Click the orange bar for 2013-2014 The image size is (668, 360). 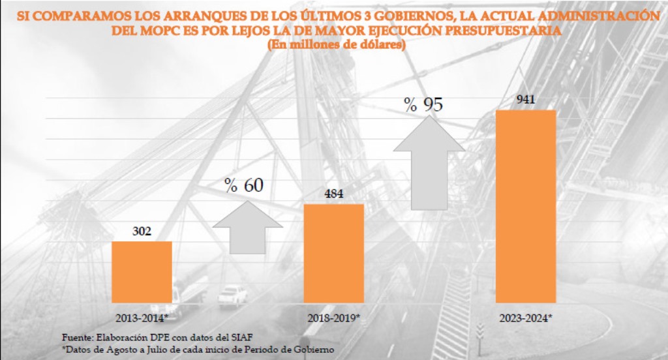[142, 272]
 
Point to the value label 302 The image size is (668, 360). [142, 232]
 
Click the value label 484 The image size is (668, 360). [333, 194]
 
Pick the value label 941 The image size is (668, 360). [526, 100]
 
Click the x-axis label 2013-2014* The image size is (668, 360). [142, 318]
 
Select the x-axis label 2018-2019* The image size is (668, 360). [334, 318]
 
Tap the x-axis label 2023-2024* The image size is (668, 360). [526, 318]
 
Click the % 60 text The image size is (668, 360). [245, 185]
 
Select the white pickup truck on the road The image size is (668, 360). [232, 295]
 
